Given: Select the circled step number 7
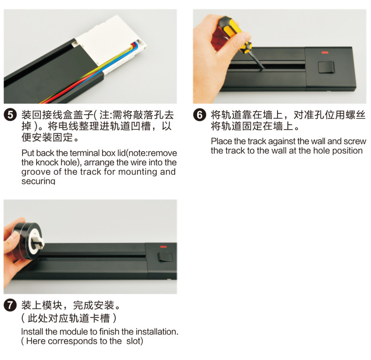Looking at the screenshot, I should [10, 305].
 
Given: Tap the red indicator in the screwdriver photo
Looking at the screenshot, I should [324, 53].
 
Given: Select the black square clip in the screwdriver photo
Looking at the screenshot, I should [325, 67].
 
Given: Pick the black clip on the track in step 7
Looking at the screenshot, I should [165, 256].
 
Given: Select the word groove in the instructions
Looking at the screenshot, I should [35, 172].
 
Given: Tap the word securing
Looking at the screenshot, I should [38, 181].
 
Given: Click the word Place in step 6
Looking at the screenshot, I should [221, 141].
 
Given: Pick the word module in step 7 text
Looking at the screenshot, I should [72, 331].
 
